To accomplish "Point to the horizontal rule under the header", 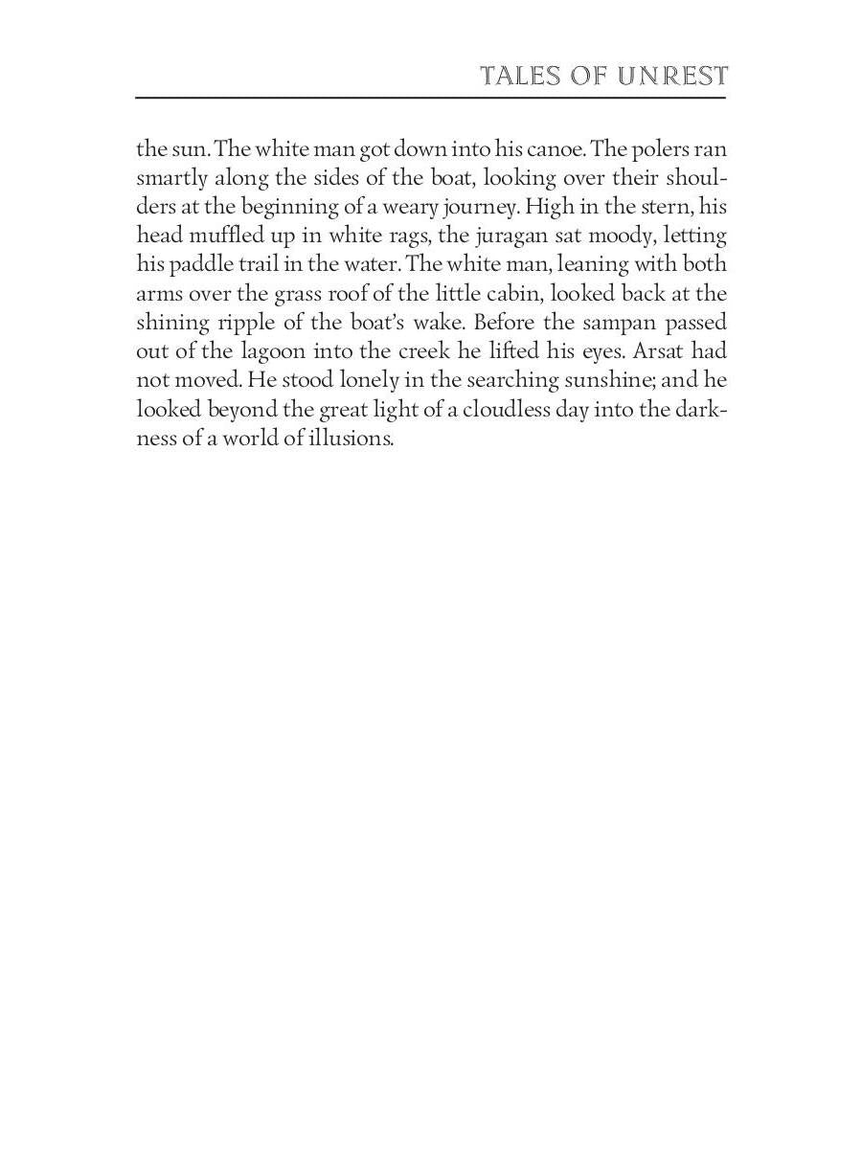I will coord(431,98).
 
